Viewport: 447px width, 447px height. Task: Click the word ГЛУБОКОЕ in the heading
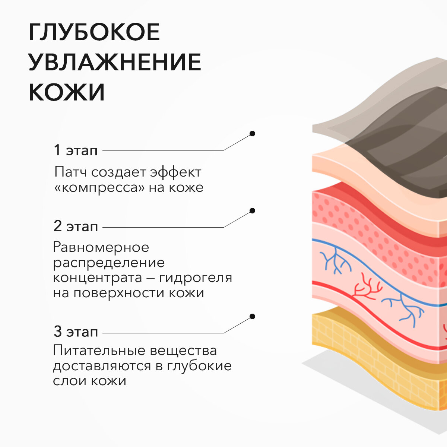[94, 32]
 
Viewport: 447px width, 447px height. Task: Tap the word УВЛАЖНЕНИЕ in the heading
[115, 62]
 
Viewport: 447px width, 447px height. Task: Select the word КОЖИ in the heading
[67, 92]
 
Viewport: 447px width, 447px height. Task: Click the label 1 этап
[76, 150]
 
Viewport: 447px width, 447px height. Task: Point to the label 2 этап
[76, 226]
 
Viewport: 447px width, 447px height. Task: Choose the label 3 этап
[76, 332]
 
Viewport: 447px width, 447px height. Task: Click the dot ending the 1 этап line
[252, 133]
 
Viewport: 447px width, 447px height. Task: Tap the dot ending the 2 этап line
[252, 211]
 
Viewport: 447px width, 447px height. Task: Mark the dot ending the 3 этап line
[252, 317]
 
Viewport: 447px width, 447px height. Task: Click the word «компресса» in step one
[99, 187]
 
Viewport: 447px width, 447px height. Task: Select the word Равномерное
[101, 247]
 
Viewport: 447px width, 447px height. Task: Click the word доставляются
[102, 366]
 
